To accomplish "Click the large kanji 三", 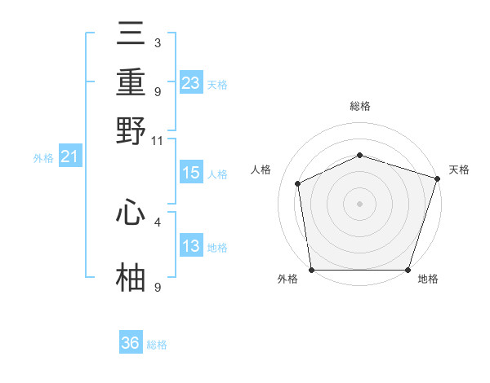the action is pyautogui.click(x=131, y=33).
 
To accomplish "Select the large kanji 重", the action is pyautogui.click(x=131, y=81).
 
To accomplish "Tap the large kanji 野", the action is pyautogui.click(x=131, y=130).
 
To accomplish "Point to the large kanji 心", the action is pyautogui.click(x=131, y=211).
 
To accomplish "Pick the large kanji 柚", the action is pyautogui.click(x=131, y=277).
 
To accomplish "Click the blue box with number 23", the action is pyautogui.click(x=191, y=82).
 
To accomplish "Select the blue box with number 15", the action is pyautogui.click(x=191, y=172).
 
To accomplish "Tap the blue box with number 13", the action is pyautogui.click(x=191, y=244).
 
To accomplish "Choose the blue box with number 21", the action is pyautogui.click(x=70, y=156).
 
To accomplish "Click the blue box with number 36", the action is pyautogui.click(x=131, y=341).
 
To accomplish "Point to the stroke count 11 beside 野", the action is pyautogui.click(x=157, y=141).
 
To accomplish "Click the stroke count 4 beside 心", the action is pyautogui.click(x=158, y=222).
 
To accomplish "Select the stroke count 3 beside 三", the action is pyautogui.click(x=158, y=42).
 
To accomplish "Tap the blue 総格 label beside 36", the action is pyautogui.click(x=157, y=345).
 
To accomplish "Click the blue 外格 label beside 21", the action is pyautogui.click(x=43, y=158).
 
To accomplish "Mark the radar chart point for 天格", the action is pyautogui.click(x=438, y=178).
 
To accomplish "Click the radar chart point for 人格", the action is pyautogui.click(x=298, y=183).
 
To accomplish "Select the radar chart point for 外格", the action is pyautogui.click(x=312, y=270).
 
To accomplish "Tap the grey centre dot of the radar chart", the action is pyautogui.click(x=359, y=204).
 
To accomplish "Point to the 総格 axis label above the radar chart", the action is pyautogui.click(x=360, y=106).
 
